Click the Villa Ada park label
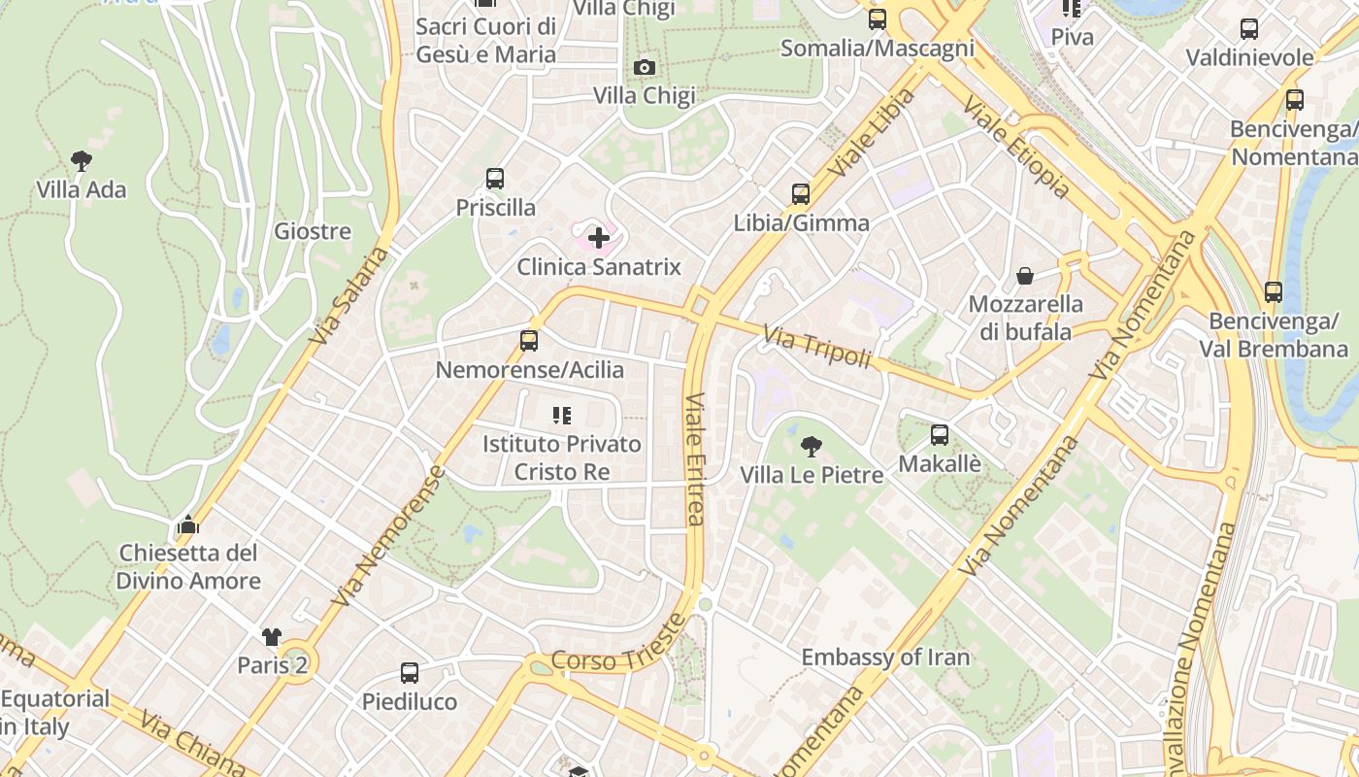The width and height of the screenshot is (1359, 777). point(82,189)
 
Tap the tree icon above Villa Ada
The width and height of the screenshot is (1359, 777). point(82,160)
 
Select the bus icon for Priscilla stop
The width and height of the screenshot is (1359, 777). point(495,179)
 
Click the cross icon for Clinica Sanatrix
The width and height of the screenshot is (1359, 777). point(599,237)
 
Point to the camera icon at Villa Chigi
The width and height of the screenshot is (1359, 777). point(644,67)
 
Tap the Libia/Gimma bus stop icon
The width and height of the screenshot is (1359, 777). point(801,194)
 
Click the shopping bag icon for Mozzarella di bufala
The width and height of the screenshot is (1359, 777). point(1025,276)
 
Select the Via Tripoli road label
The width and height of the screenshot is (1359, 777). point(817,348)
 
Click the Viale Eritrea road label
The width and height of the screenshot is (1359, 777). point(695,458)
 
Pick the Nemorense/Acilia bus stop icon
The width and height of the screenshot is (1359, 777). point(529,341)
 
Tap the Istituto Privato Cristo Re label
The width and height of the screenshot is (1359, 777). point(562,457)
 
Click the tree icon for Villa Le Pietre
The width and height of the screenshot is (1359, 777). point(811,447)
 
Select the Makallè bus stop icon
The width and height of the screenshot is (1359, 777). point(940,435)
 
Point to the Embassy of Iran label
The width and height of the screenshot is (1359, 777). point(885,658)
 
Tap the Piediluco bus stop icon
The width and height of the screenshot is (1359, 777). point(410,673)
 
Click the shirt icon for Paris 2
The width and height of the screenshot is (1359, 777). point(272,637)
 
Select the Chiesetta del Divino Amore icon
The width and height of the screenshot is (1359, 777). point(188,526)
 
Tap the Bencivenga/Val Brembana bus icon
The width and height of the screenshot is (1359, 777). point(1274,291)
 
